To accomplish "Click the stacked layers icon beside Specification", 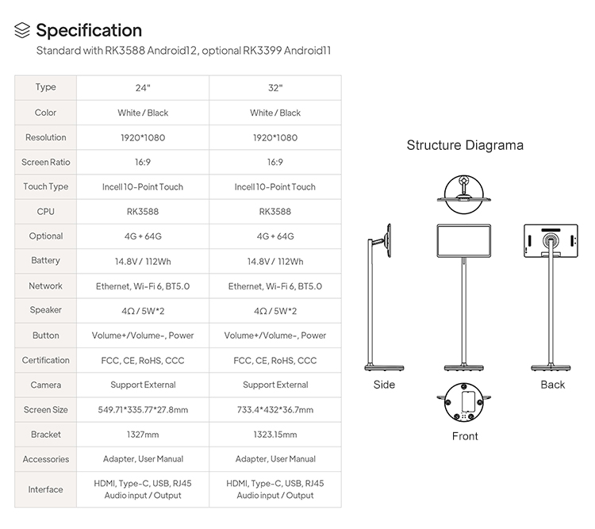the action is click(22, 30).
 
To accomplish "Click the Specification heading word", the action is click(89, 30).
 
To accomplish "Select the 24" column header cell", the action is click(143, 88).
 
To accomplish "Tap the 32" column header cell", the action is click(275, 88).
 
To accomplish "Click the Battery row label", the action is click(45, 261).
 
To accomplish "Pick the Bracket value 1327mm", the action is click(143, 435).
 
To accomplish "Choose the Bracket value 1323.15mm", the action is click(275, 435).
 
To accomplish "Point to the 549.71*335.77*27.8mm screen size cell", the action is click(143, 410).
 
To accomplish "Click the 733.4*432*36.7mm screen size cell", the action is click(275, 410).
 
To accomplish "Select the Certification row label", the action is click(45, 360).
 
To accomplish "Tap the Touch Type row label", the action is click(45, 186).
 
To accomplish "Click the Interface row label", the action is click(45, 489).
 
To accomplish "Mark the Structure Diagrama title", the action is click(465, 145).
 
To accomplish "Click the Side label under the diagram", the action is click(384, 385).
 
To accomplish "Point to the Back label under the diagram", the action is click(552, 385).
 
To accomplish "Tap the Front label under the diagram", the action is click(465, 436).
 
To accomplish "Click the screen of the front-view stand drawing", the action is click(464, 241).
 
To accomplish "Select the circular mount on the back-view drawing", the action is click(551, 241).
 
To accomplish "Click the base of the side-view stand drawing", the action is click(384, 367).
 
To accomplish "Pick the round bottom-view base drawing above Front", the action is click(464, 402).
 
